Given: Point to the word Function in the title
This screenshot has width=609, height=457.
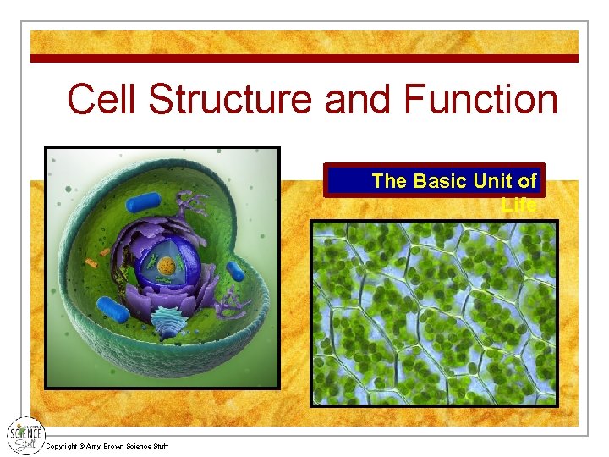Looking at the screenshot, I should coord(481,100).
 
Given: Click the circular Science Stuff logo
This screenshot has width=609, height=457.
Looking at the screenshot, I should coord(25,435).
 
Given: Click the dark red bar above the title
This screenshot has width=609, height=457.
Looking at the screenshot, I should coord(304,58).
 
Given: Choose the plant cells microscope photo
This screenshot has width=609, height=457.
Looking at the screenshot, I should coord(434,313).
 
